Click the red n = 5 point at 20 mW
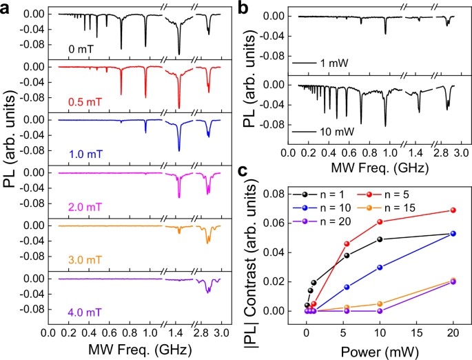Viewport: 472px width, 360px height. (x=453, y=210)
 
